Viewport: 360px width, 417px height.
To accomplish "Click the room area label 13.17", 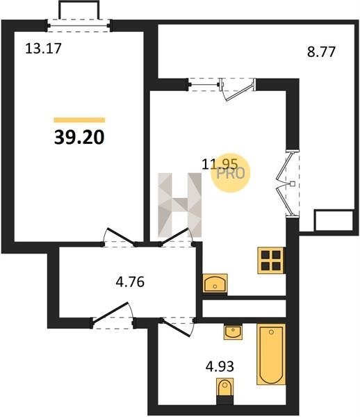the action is tap(43, 49).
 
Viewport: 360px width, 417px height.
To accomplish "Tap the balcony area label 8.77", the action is tap(321, 52).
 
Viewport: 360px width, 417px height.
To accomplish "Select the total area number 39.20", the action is tap(79, 138).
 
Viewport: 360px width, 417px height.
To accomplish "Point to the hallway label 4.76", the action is tap(130, 282).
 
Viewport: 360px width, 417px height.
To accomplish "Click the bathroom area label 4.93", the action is tap(220, 366).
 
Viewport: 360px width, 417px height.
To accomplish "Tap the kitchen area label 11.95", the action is tap(220, 164).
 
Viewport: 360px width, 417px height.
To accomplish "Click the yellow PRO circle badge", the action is tap(231, 173).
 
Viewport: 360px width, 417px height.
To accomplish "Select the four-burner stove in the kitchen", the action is tap(270, 261).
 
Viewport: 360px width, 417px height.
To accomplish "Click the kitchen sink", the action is tap(215, 284).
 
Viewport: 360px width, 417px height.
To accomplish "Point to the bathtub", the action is tap(271, 354).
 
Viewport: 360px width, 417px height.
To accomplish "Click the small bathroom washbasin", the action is tap(234, 332).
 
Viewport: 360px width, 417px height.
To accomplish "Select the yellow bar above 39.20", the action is tap(79, 120).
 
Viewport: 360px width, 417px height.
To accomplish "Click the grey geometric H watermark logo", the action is tap(180, 204).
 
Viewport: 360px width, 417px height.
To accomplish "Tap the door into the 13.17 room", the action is tap(120, 238).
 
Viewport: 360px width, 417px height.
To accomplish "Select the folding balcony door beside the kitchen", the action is tap(288, 184).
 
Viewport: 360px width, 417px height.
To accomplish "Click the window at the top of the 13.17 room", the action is tap(79, 26).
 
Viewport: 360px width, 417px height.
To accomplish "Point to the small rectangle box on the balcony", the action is tap(334, 220).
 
